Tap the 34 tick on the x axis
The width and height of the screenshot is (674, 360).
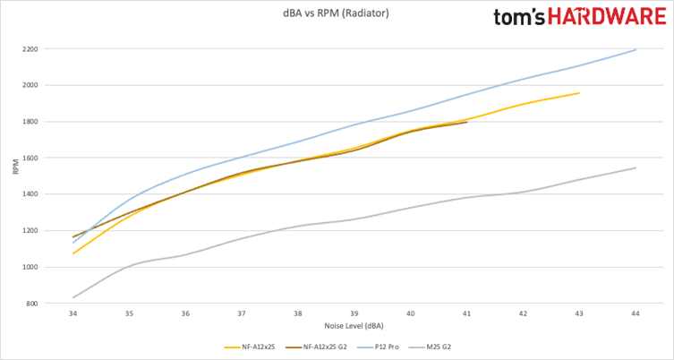[x=73, y=314]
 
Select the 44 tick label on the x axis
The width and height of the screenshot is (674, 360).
[x=636, y=314]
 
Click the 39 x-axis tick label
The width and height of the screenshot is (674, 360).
[x=354, y=314]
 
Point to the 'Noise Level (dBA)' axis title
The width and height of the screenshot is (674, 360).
[x=354, y=326]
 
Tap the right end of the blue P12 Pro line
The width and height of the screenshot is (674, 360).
[x=636, y=49]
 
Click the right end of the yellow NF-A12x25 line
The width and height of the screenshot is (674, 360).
[x=579, y=93]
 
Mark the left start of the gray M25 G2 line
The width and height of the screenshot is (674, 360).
[x=73, y=297]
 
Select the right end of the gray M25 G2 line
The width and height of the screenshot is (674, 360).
[x=636, y=167]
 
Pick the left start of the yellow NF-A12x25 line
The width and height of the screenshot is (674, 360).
[x=73, y=253]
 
